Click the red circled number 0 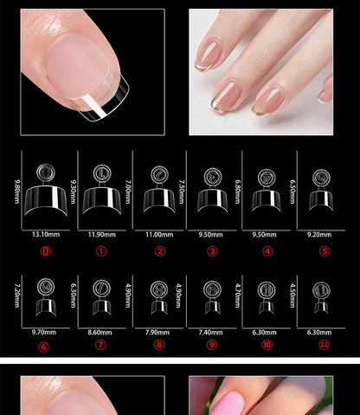tap(46, 252)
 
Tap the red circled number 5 tap(325, 252)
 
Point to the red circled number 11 tap(325, 345)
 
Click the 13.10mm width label tap(46, 234)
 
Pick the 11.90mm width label tap(101, 234)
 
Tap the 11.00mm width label tap(157, 234)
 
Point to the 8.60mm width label tap(101, 332)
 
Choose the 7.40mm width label tap(213, 332)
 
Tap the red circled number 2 tap(159, 252)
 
